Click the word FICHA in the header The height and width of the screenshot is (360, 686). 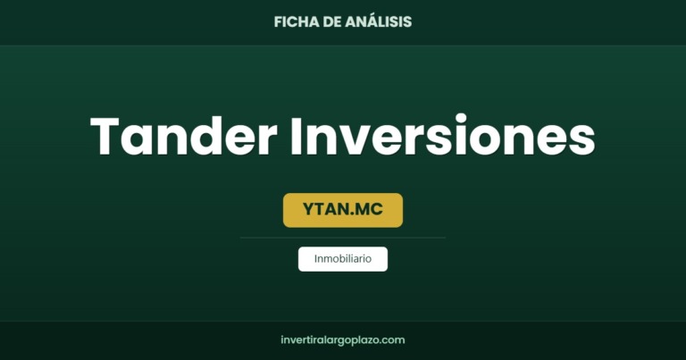297,21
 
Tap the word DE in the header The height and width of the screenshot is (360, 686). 332,21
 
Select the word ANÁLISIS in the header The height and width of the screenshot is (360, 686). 379,21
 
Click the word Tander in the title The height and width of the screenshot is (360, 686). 184,136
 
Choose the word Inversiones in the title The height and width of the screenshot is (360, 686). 442,135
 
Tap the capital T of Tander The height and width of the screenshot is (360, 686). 105,136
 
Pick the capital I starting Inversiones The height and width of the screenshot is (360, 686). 295,136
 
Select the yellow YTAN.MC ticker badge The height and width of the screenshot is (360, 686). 343,210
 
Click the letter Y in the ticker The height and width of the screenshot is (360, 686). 308,209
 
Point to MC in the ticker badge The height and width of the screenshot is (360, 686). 369,209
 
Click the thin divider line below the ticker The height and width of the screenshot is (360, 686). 343,238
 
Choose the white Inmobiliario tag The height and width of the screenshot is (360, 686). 343,259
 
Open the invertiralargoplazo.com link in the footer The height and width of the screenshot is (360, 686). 343,340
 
